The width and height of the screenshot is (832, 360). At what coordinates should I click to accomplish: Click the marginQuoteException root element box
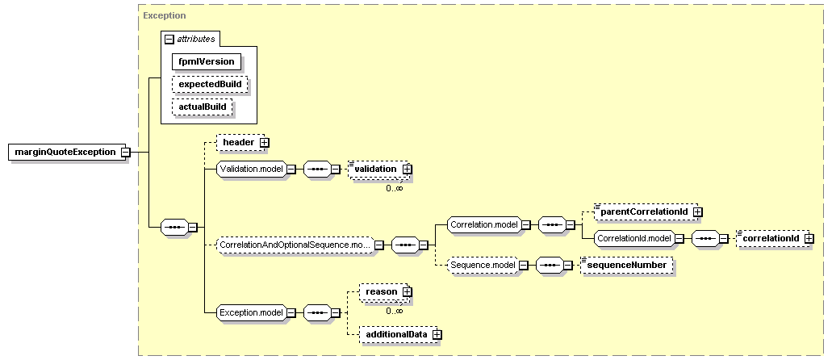tap(65, 152)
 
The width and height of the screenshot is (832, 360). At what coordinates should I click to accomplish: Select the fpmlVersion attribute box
tap(207, 61)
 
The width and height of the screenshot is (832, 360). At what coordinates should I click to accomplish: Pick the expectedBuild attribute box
tap(210, 84)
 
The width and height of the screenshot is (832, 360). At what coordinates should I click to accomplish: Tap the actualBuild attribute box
tap(203, 107)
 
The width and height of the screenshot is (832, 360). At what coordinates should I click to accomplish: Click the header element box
tap(238, 142)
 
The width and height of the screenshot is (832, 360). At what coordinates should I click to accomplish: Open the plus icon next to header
tap(264, 142)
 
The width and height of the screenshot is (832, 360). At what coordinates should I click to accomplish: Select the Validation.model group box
tap(252, 169)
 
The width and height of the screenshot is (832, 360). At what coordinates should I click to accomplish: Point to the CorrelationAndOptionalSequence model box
tap(296, 245)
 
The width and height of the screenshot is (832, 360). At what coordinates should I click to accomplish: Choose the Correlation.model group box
tap(484, 225)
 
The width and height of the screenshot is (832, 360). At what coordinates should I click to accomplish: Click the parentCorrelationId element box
tap(644, 211)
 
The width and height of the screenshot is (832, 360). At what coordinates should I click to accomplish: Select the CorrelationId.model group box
tap(634, 239)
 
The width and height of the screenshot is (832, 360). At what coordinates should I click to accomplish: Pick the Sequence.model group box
tap(482, 265)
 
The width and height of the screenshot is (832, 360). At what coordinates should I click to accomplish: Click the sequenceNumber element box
tap(627, 265)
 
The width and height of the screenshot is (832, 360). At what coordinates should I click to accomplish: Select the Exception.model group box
tap(252, 312)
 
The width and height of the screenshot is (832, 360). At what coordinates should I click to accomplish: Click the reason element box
tap(381, 291)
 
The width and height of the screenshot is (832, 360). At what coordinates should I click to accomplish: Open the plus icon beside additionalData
tap(437, 334)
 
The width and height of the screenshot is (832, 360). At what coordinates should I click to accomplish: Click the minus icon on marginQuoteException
tap(126, 153)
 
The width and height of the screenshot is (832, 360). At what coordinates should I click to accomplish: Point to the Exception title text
tap(165, 15)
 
